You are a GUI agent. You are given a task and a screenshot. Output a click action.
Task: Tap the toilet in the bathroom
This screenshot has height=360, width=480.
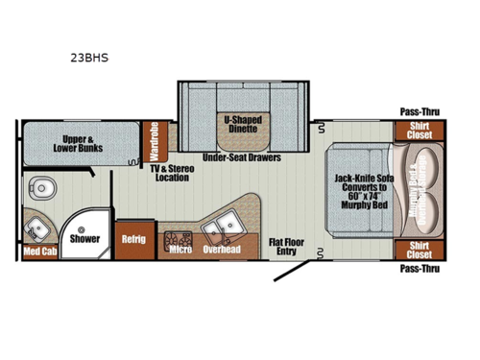(x=39, y=185)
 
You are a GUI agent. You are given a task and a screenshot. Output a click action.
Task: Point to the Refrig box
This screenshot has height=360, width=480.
(x=132, y=238)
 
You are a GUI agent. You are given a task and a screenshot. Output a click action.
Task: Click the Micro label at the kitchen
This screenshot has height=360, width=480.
(x=180, y=250)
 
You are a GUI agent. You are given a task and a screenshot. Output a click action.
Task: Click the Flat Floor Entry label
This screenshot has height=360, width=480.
(x=288, y=247)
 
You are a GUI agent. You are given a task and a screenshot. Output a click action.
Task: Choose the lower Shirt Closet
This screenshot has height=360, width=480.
(x=419, y=250)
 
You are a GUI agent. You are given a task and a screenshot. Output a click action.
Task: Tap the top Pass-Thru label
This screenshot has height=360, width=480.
(x=419, y=111)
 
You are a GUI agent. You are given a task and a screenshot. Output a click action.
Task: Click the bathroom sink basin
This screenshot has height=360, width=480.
(x=38, y=228)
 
